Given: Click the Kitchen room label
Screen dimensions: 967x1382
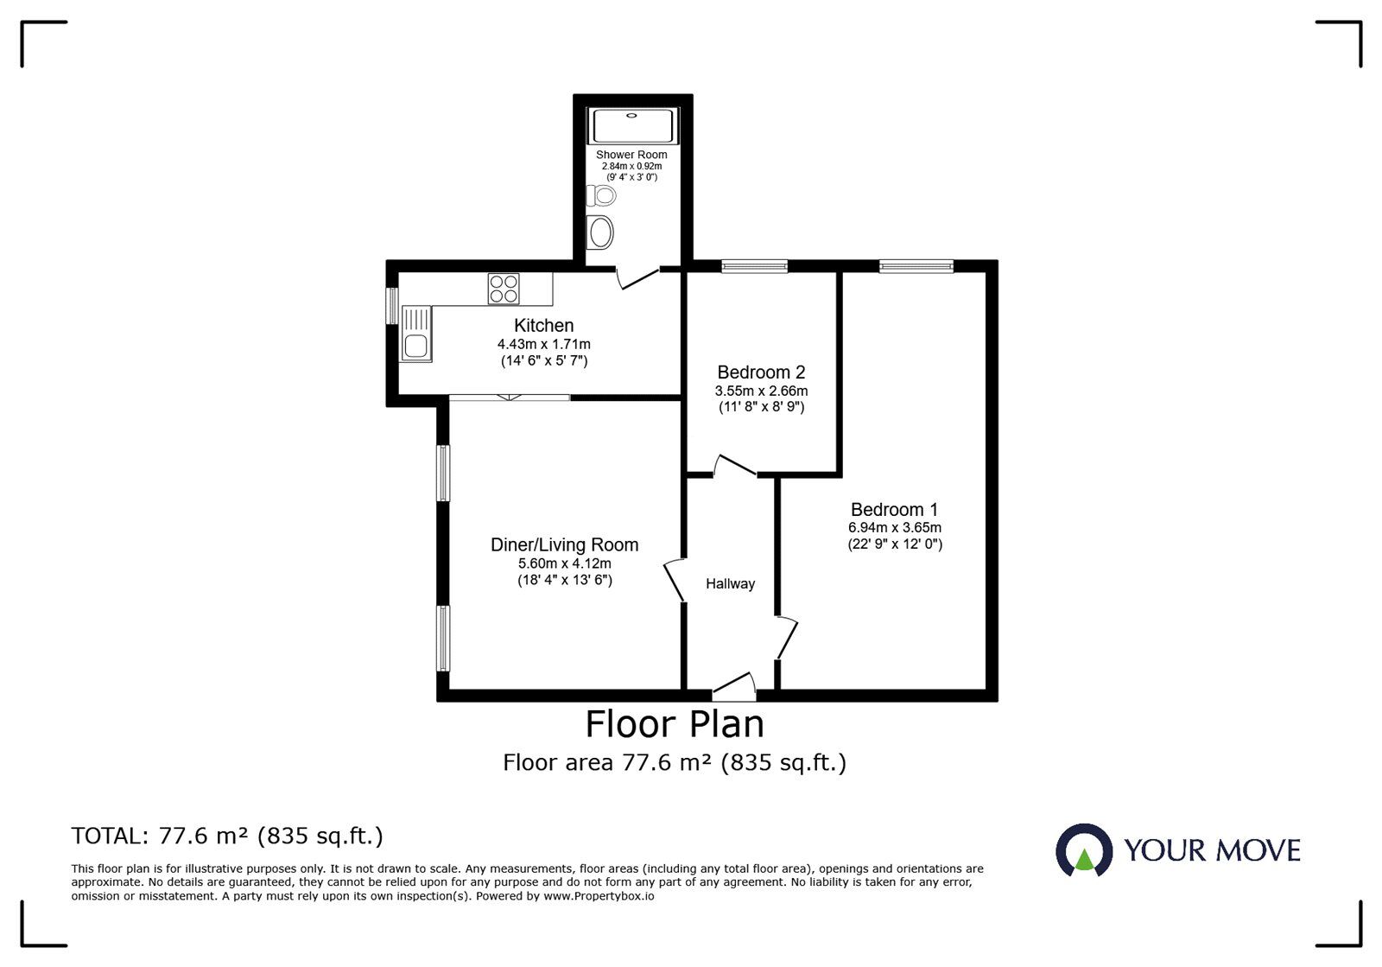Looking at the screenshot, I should tap(543, 326).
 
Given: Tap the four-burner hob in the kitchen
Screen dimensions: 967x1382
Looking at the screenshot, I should tap(504, 289).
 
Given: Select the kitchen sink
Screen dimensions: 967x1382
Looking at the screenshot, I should tap(416, 334).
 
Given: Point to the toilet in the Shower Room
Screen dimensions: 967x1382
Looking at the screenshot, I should tap(601, 196).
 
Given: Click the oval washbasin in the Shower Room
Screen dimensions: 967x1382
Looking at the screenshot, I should tap(600, 232).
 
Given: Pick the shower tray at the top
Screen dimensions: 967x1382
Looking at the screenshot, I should tap(633, 126).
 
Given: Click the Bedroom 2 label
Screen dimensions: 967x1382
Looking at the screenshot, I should tap(761, 372).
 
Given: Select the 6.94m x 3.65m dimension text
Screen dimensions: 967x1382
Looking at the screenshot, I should tap(894, 527).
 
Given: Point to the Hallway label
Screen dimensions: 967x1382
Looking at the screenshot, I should tap(730, 584).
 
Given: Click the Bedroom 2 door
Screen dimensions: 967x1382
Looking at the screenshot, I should tap(735, 467).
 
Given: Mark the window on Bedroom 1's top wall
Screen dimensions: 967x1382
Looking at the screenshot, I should tap(916, 267).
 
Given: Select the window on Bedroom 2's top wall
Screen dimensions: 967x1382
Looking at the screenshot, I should tap(754, 267).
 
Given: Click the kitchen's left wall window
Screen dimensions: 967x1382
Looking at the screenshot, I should tap(392, 305).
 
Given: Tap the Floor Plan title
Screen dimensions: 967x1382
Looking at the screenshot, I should tap(675, 724).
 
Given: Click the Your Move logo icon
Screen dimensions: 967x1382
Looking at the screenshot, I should tap(1083, 850).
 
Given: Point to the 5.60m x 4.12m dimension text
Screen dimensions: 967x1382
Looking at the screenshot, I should tap(564, 563).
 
